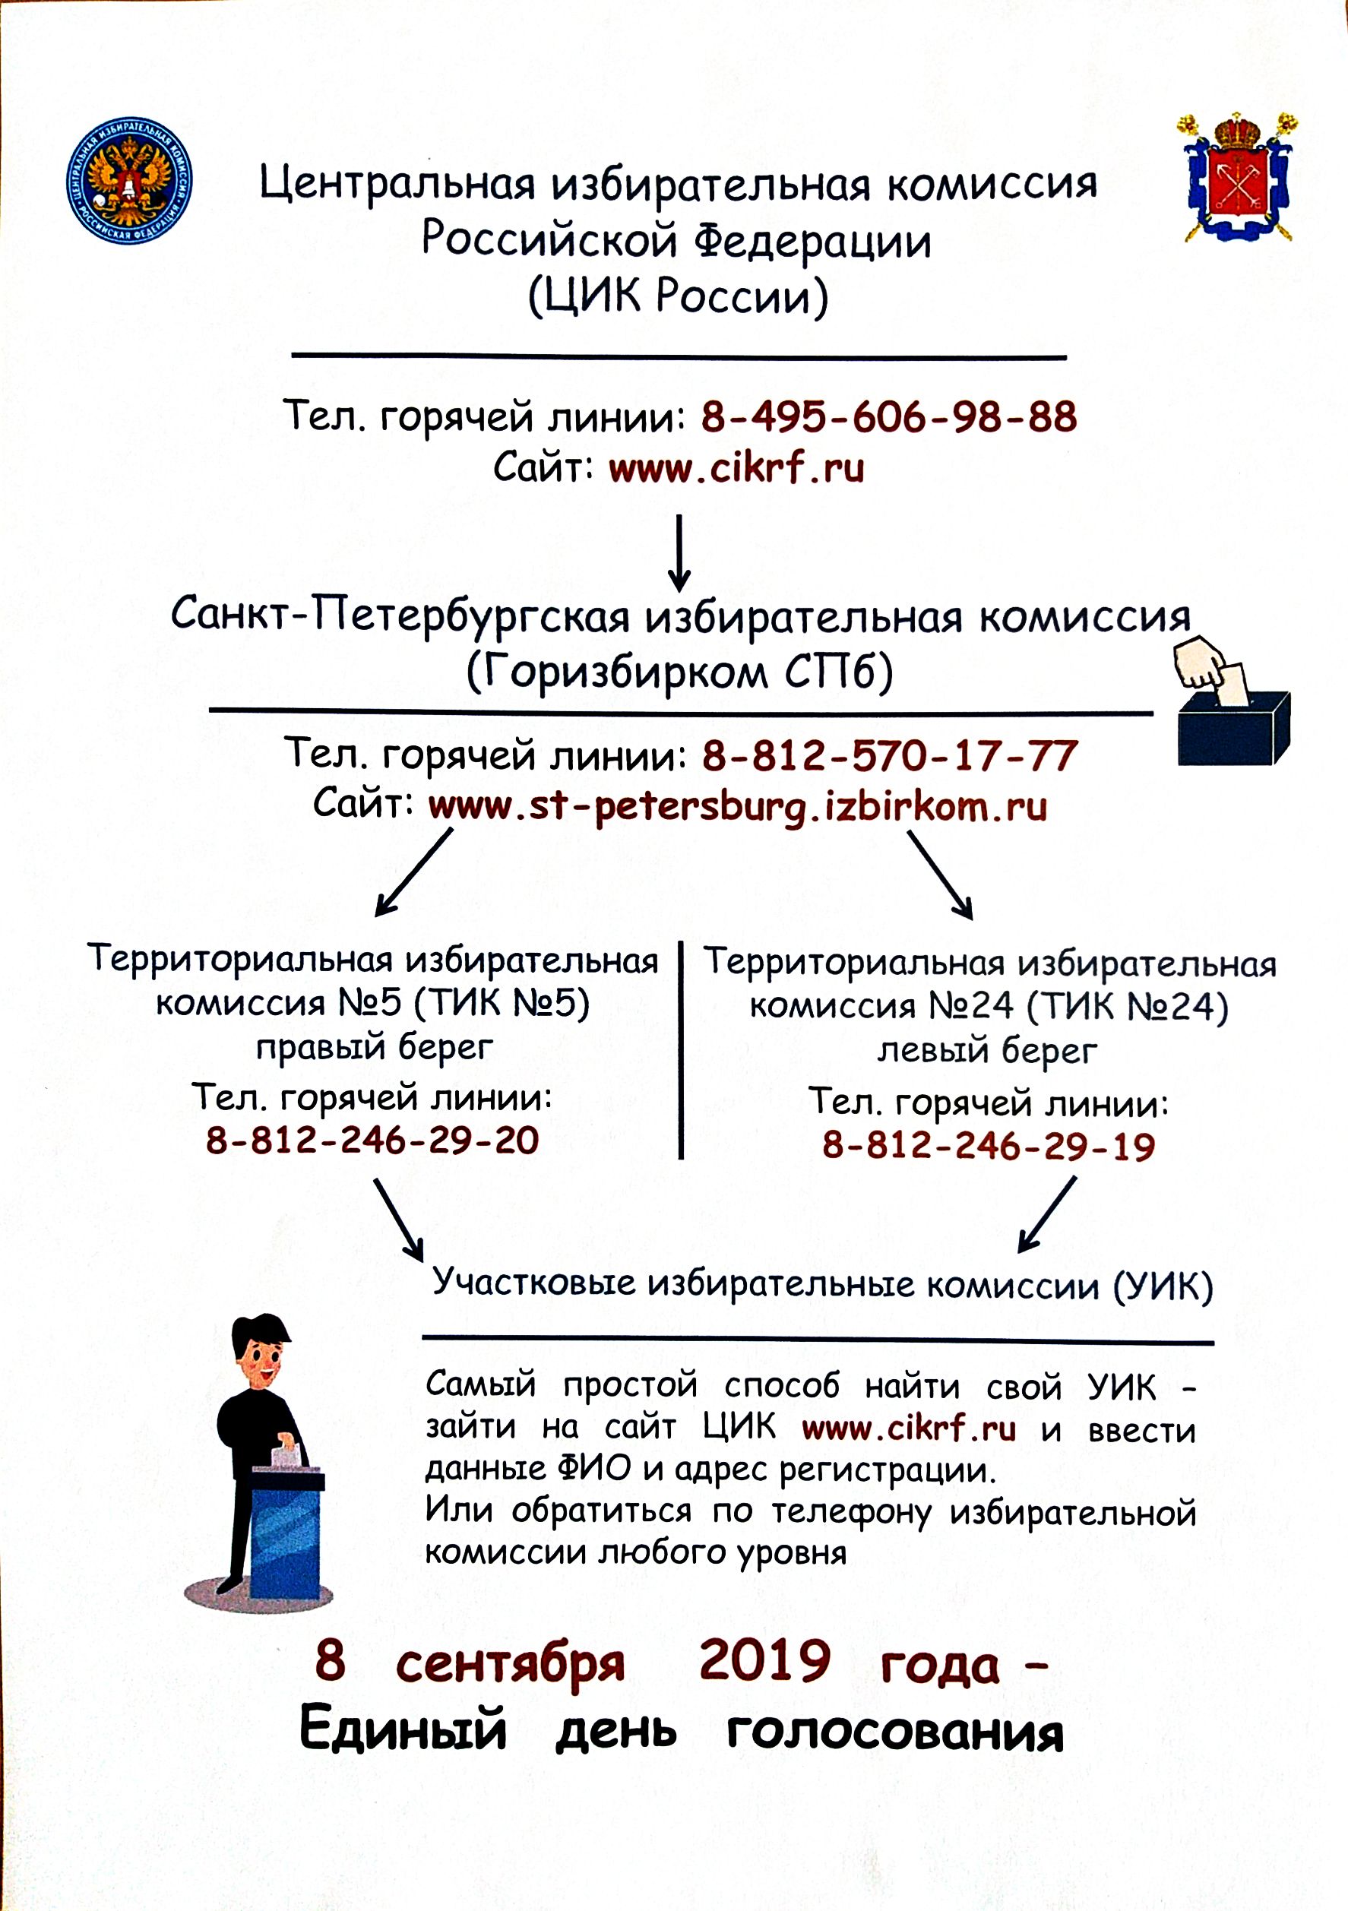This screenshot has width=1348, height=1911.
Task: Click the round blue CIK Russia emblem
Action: click(129, 181)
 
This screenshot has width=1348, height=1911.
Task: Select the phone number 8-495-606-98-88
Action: click(889, 417)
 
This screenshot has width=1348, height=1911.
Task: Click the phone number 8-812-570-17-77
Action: click(891, 756)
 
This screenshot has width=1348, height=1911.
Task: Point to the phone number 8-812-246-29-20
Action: click(373, 1141)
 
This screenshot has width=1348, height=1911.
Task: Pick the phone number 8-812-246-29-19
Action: click(989, 1146)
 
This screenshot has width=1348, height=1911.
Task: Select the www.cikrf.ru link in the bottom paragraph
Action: click(909, 1429)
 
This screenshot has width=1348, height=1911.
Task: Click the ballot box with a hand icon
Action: click(1233, 701)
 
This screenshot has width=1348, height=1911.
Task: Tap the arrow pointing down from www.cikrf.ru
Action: click(679, 552)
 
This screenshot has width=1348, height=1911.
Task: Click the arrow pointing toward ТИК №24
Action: click(940, 875)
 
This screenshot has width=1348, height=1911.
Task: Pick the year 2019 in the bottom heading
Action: click(764, 1660)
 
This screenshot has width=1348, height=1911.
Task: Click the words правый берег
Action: click(375, 1047)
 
